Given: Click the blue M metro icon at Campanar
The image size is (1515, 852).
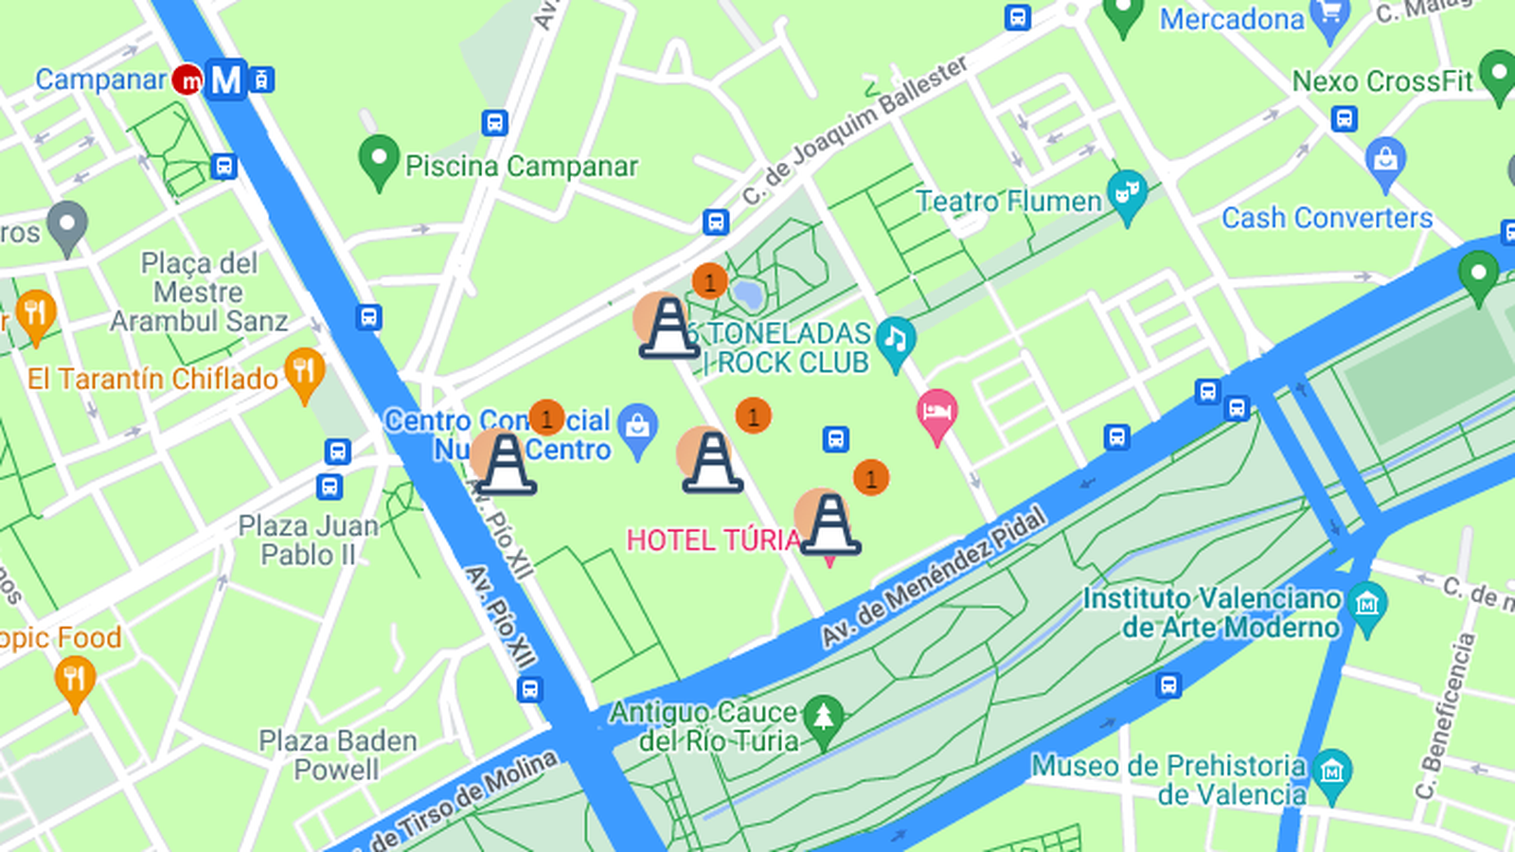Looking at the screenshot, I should coord(225,80).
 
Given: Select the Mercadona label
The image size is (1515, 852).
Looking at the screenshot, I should coord(1231,19).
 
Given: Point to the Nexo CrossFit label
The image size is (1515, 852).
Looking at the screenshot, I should coord(1382,81).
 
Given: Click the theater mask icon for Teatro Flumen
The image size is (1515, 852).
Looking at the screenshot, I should coord(1127,194).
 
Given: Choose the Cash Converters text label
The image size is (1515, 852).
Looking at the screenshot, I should coord(1327,218).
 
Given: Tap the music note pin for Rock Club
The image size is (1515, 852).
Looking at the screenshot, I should coord(895,340).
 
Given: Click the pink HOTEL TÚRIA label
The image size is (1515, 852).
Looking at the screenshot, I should coord(713,540).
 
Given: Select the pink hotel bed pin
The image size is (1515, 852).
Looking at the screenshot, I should coord(936,414).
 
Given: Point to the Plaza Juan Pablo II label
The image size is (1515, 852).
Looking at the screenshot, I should coord(308,540).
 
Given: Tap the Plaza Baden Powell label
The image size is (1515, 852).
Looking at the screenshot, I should coord(338,754).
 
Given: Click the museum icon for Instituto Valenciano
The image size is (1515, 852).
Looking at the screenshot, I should coord(1366,603).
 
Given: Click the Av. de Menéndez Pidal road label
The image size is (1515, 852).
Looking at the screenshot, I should coord(934,577).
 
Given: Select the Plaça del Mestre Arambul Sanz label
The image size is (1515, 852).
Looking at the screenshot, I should coord(199,292).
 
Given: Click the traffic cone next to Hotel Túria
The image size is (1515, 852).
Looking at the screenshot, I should coord(829,524).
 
